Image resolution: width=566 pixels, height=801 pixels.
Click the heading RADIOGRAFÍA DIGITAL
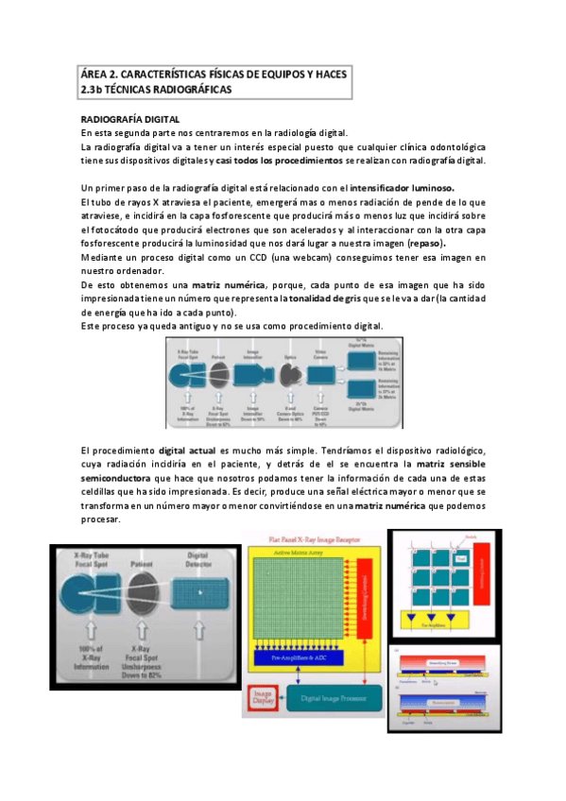point(130,120)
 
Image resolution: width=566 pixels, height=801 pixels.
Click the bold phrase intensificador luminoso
point(409,186)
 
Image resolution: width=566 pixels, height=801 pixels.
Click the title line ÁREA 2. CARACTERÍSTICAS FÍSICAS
point(214,74)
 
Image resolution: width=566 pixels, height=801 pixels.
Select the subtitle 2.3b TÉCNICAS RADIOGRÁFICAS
point(156,89)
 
